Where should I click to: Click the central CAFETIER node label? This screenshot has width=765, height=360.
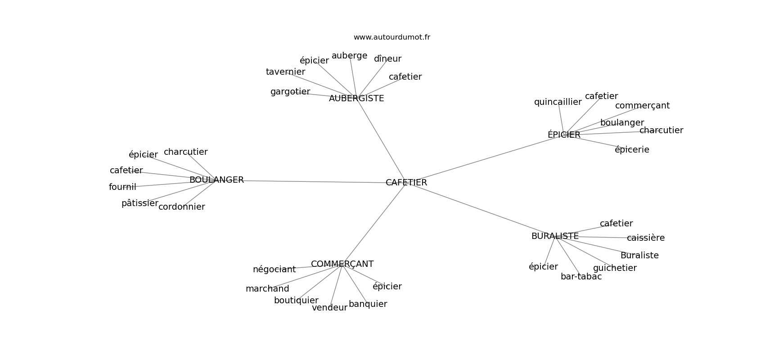click(x=406, y=182)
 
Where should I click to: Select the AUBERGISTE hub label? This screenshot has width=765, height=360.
click(x=356, y=99)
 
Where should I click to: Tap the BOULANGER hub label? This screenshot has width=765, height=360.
click(x=216, y=180)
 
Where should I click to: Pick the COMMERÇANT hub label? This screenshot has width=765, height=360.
click(x=342, y=264)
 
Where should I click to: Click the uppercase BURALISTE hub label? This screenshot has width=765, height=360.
click(x=555, y=236)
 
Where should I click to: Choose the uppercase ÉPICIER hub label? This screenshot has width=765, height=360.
click(x=564, y=135)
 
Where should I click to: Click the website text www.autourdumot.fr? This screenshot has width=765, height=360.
click(x=391, y=37)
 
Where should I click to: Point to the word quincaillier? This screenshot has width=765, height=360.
click(x=558, y=102)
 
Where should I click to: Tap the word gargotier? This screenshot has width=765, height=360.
click(x=290, y=92)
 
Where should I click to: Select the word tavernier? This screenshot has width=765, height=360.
click(x=285, y=72)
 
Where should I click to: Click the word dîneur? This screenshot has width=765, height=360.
click(x=387, y=59)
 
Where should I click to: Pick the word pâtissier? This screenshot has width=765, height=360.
click(x=140, y=203)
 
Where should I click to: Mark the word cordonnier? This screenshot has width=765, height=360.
click(x=182, y=207)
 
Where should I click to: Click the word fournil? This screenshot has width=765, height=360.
click(x=122, y=187)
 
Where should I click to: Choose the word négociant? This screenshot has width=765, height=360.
click(x=274, y=270)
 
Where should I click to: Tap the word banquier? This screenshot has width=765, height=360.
click(x=368, y=304)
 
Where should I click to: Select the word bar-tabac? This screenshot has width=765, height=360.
click(x=581, y=277)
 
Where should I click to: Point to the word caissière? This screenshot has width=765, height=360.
click(x=646, y=238)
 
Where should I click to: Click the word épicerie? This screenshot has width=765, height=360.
click(x=632, y=149)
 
